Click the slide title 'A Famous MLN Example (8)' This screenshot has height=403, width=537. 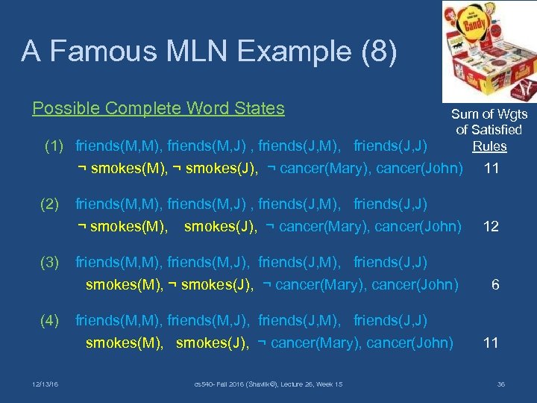210,51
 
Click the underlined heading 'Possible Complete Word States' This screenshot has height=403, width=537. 158,108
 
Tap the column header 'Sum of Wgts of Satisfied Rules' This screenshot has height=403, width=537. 489,130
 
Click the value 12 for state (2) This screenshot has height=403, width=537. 491,226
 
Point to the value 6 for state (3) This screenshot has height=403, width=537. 494,284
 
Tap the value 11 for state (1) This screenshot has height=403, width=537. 491,168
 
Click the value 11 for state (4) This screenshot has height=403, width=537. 491,343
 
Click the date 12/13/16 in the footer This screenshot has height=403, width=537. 46,384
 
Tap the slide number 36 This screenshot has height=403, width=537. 500,384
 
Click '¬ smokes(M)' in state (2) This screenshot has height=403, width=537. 122,226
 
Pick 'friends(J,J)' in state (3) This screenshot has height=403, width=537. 390,263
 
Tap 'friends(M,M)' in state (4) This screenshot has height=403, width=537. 119,321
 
